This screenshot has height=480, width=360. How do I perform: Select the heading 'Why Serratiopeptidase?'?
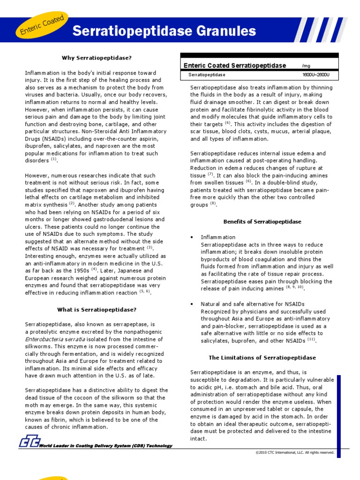(x=97, y=58)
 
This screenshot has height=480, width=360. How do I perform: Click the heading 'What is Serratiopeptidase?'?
(x=97, y=309)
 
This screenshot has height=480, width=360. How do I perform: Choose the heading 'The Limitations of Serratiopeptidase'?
(x=262, y=357)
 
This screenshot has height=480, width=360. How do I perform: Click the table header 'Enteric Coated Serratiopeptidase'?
(x=234, y=66)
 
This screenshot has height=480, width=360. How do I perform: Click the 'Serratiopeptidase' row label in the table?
(x=207, y=75)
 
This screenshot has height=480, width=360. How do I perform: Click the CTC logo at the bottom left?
(x=29, y=442)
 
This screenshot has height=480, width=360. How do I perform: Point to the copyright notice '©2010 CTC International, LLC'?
(x=294, y=452)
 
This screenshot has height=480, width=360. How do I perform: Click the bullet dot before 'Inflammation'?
(x=192, y=238)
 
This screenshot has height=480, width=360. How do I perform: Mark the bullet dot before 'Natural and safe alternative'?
(x=192, y=304)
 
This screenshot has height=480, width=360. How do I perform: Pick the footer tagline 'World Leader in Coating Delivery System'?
(x=105, y=446)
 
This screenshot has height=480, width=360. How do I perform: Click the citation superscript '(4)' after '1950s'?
(x=94, y=269)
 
